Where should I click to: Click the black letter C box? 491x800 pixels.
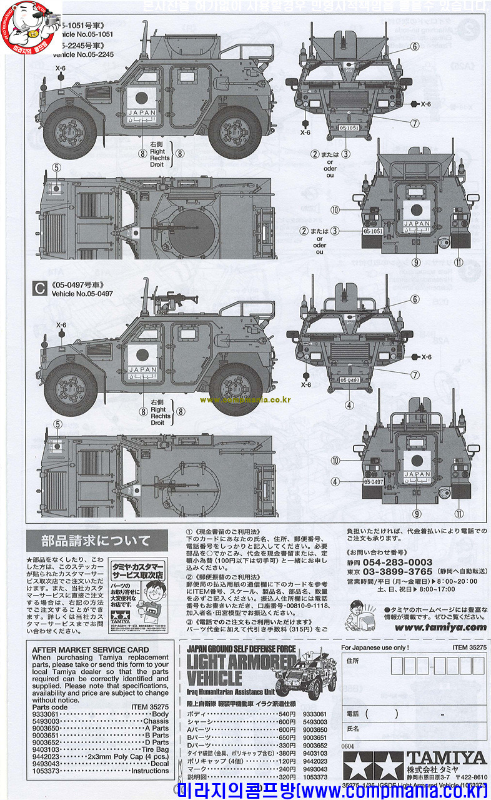pos(40,289)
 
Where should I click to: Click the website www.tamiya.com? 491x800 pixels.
pos(440,627)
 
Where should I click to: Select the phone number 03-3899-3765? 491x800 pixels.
pos(397,571)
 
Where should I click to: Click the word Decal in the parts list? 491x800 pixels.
pos(159,764)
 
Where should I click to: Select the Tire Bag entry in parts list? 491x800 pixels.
pos(155,749)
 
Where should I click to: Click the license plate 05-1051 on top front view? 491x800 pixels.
pos(350,127)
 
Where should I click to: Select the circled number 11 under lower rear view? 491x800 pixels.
pos(459,514)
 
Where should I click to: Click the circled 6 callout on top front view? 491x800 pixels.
pos(414,47)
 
